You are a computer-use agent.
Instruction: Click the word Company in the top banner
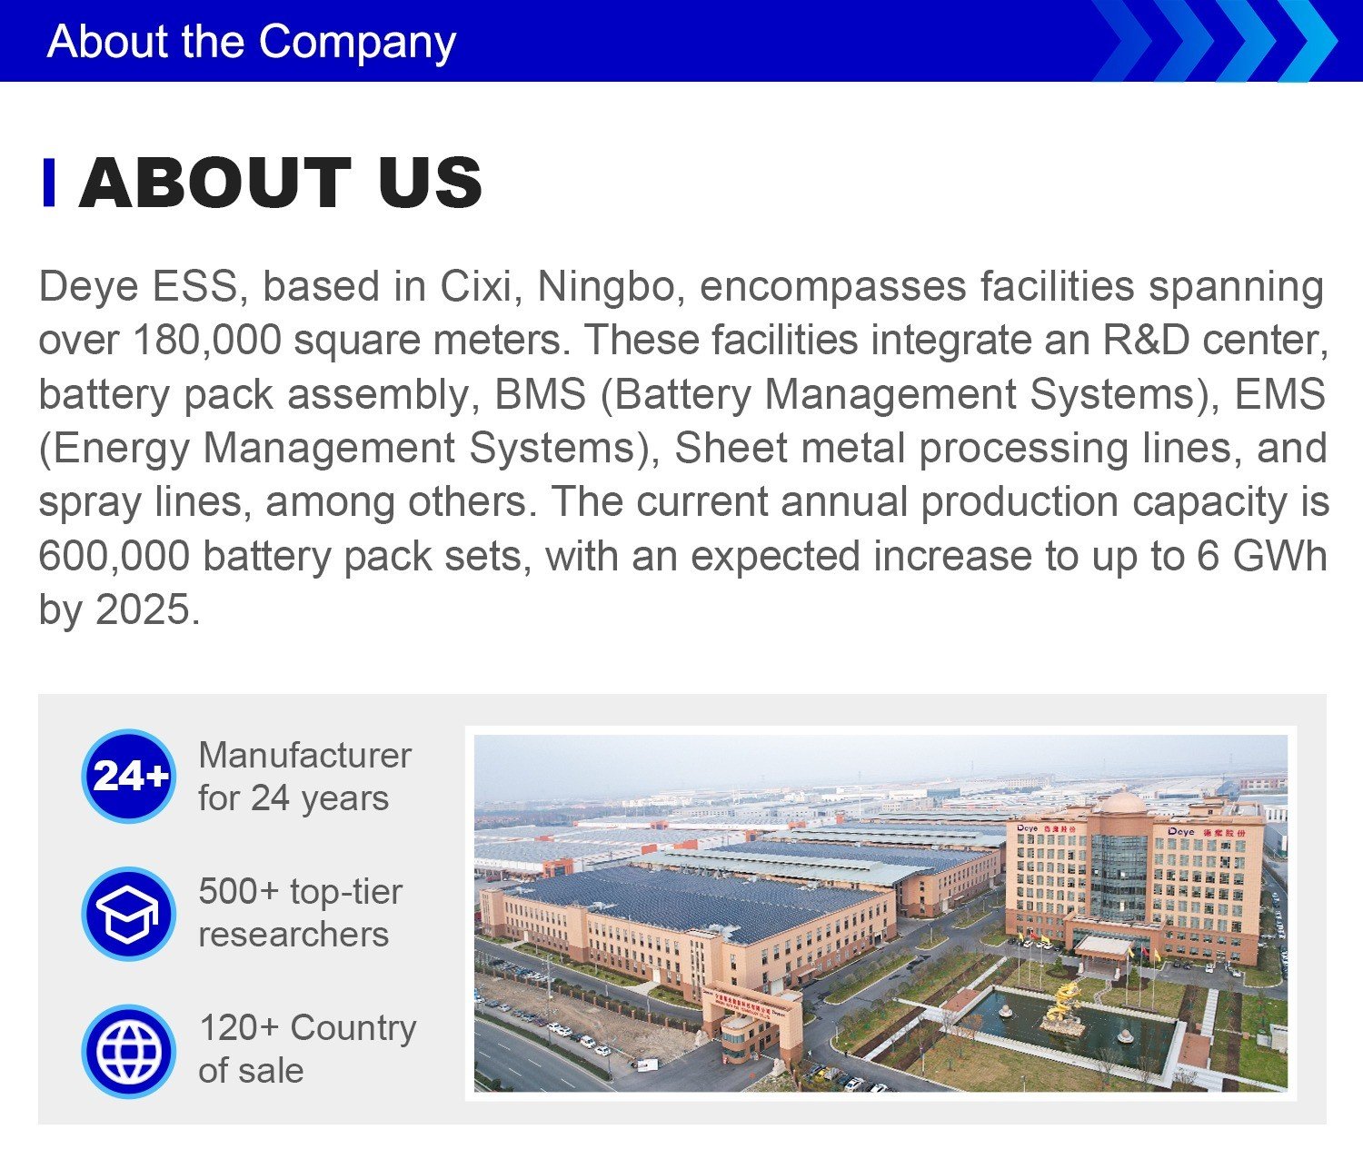[358, 43]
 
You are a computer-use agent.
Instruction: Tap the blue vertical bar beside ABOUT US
[48, 182]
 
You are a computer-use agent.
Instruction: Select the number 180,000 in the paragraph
[207, 340]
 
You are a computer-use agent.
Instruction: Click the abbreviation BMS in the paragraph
[541, 394]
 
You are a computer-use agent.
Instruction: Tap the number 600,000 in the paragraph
[114, 556]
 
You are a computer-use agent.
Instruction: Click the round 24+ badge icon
[129, 776]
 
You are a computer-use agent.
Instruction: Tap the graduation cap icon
[129, 914]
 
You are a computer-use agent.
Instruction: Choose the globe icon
[129, 1051]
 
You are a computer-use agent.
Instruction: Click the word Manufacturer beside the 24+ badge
[304, 756]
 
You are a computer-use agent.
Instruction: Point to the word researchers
[293, 935]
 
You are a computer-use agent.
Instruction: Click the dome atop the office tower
[1122, 802]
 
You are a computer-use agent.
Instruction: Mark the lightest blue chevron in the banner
[1313, 41]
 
